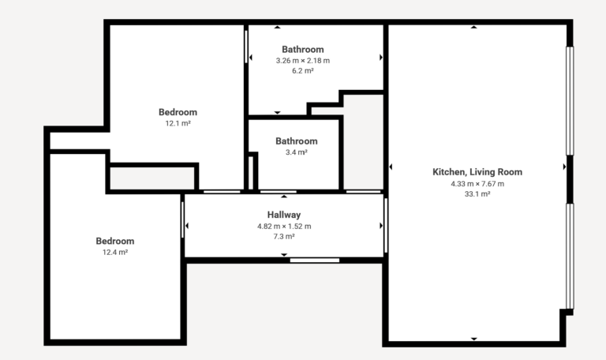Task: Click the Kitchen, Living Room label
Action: click(x=477, y=172)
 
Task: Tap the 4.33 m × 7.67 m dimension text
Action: click(x=477, y=184)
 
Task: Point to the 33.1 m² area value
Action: click(x=477, y=193)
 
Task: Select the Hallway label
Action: click(x=284, y=215)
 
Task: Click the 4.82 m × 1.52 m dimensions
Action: click(x=284, y=227)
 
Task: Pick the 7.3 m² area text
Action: click(x=284, y=236)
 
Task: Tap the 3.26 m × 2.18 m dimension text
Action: click(x=303, y=60)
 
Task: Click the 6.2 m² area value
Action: click(x=303, y=71)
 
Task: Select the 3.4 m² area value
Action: click(x=297, y=152)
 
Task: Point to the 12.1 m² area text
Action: click(x=178, y=123)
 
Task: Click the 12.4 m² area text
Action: click(x=115, y=252)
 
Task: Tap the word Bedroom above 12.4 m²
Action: click(x=115, y=241)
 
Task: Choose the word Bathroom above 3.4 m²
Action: click(x=297, y=141)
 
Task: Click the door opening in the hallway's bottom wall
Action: click(x=315, y=261)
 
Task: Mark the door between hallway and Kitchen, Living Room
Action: click(x=386, y=226)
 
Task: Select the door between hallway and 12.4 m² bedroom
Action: click(x=182, y=219)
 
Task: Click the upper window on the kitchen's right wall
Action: click(x=570, y=100)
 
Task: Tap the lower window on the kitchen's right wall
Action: click(x=570, y=256)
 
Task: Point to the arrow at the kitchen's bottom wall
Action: click(x=473, y=339)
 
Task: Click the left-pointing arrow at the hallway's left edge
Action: click(x=187, y=226)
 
